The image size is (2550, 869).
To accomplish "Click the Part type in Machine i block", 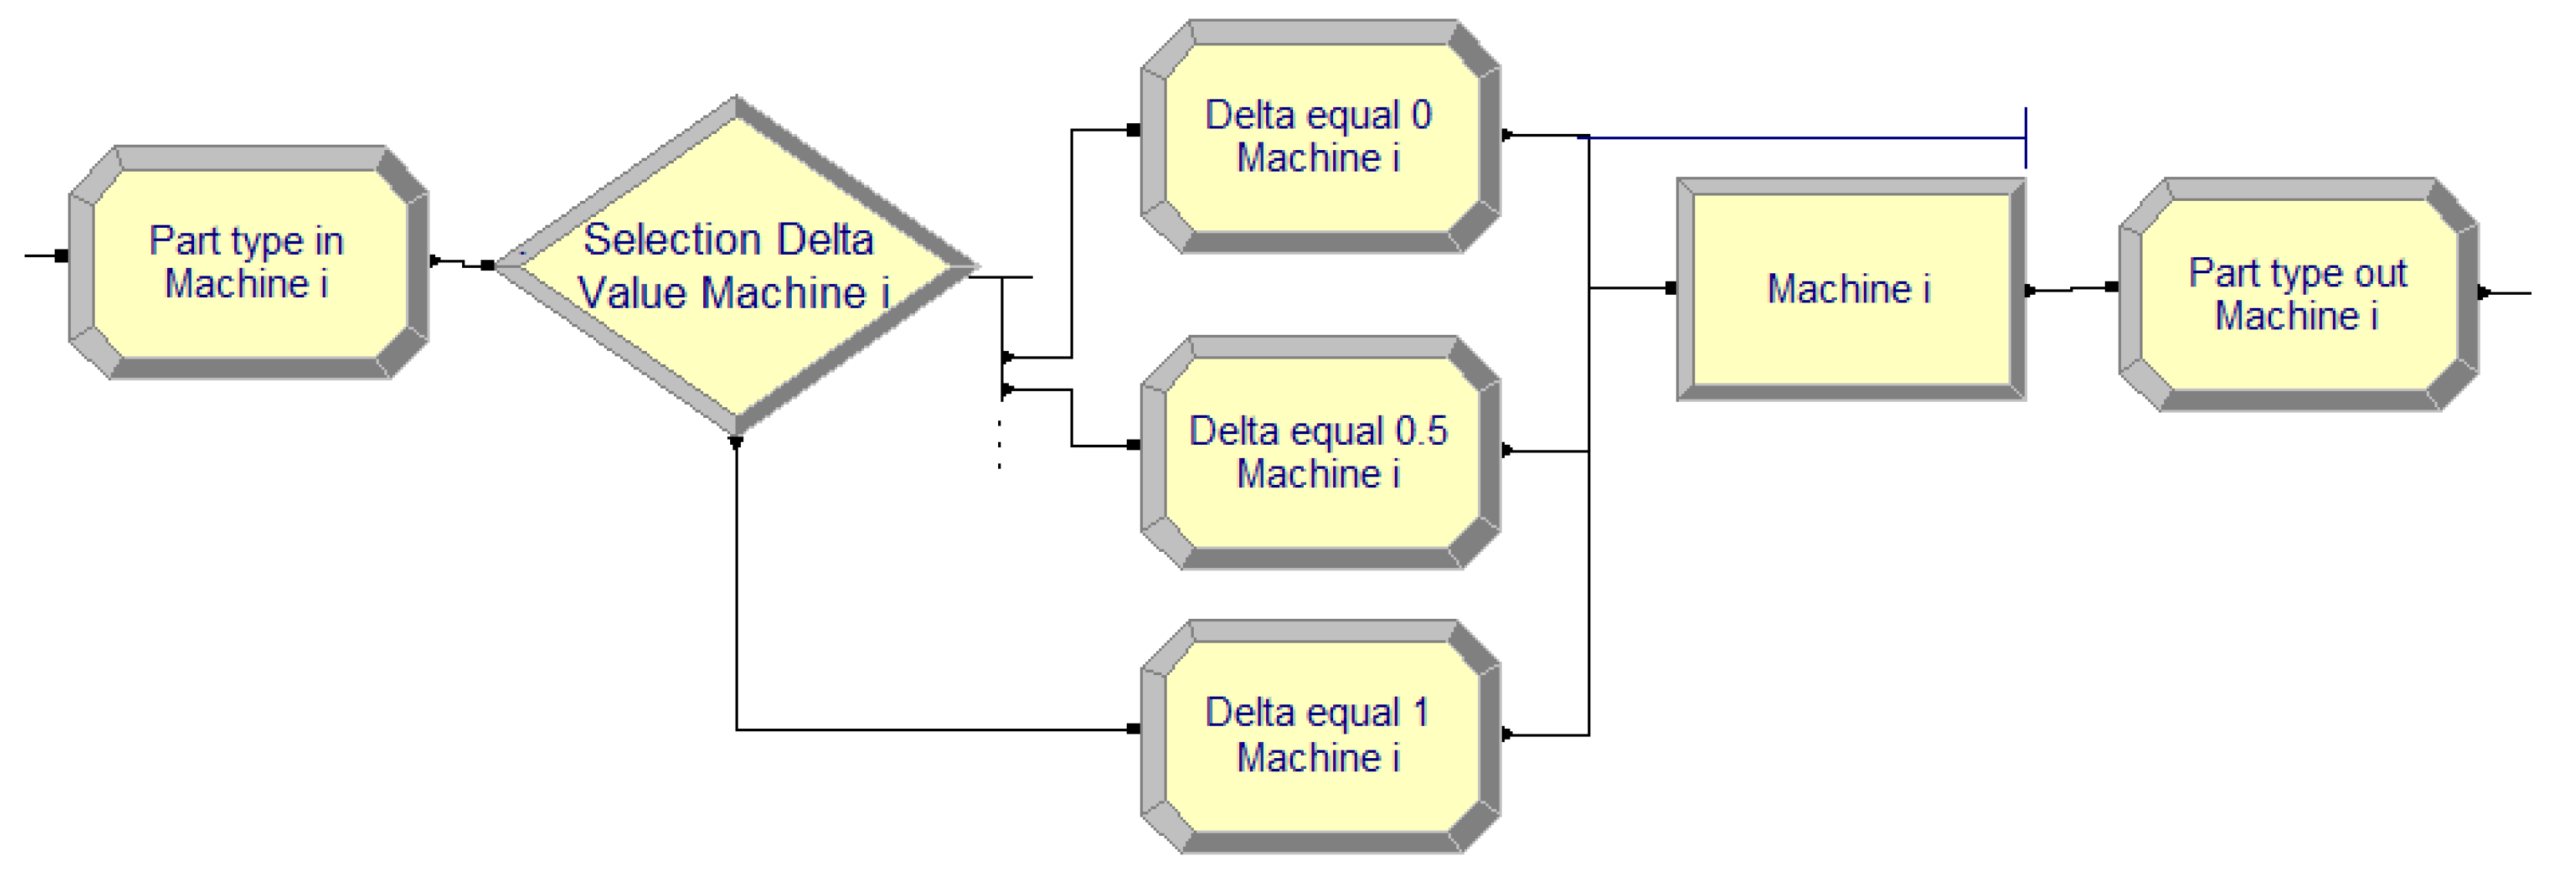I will [247, 263].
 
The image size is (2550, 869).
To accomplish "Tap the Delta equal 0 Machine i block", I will [1319, 136].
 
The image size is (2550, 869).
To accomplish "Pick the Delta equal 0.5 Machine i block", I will [1319, 453].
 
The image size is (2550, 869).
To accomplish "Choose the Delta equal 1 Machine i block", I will [1319, 735].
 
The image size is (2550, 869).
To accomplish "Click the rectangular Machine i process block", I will [1849, 289].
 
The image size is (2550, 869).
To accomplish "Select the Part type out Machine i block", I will [2297, 294].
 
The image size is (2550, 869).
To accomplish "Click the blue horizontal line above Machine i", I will [1801, 138].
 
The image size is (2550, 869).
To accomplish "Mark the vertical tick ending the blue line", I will [2026, 138].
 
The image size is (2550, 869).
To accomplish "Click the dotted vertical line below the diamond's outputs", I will [1000, 443].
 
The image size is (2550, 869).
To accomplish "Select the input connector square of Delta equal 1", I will [1134, 730].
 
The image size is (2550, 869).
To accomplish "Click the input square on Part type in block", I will [62, 256].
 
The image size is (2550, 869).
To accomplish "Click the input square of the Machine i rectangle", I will [1671, 289].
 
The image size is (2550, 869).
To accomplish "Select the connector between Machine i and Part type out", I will [2069, 289].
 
